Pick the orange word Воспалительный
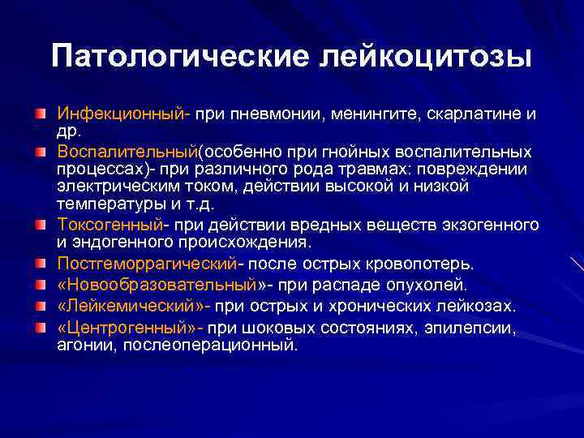(127, 152)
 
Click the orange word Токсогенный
(109, 223)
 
